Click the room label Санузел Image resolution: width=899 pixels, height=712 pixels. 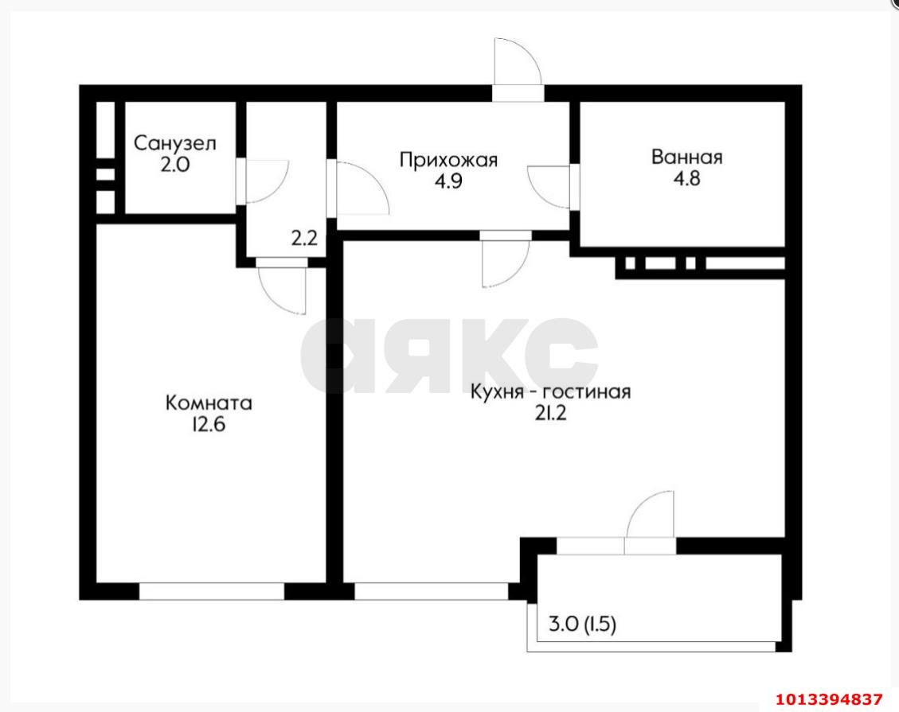(x=175, y=143)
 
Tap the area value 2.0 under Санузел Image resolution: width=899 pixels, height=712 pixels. (x=174, y=165)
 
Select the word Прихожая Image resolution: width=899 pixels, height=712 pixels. (x=448, y=160)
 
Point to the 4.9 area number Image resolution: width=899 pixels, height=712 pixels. (x=448, y=181)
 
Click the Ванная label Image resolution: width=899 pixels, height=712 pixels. (x=687, y=157)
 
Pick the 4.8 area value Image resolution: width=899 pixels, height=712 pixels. (x=687, y=179)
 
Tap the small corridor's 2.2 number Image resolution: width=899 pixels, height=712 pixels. (x=304, y=238)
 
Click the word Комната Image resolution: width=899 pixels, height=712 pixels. (x=209, y=403)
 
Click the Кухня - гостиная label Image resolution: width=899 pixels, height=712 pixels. (x=550, y=392)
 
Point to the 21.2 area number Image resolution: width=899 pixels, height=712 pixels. (x=550, y=414)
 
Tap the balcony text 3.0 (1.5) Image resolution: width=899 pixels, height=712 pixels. (x=583, y=624)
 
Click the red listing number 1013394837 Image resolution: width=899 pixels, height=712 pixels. (x=829, y=699)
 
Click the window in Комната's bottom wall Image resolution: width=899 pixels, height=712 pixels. (x=212, y=591)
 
